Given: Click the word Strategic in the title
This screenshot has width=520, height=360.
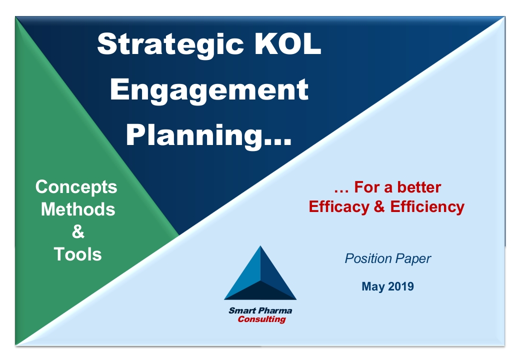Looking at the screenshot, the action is click(x=170, y=45).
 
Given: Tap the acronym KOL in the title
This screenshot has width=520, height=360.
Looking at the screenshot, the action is click(x=288, y=43).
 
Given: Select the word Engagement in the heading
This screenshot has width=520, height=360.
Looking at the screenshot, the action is click(x=209, y=90).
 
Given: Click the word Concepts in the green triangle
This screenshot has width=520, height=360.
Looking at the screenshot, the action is click(x=76, y=187).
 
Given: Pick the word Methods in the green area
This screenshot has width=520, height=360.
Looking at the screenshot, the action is click(x=78, y=209).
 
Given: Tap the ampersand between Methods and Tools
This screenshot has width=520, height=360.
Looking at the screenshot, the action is click(x=78, y=231).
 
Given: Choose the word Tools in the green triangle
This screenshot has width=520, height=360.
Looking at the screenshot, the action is click(x=77, y=254).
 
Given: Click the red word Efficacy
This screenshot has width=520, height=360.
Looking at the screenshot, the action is click(x=338, y=207).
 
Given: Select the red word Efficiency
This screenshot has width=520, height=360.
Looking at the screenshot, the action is click(x=427, y=207).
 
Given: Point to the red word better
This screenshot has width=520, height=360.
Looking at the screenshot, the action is click(x=419, y=187).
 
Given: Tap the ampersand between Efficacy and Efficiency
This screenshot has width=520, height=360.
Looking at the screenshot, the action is click(x=379, y=206).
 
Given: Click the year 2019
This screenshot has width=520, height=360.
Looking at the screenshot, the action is click(x=400, y=286).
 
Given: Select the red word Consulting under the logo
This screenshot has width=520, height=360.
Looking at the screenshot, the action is click(x=261, y=319).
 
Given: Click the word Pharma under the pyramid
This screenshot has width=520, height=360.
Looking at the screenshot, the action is click(x=275, y=310).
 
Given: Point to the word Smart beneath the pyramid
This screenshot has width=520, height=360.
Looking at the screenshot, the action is click(x=242, y=310).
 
